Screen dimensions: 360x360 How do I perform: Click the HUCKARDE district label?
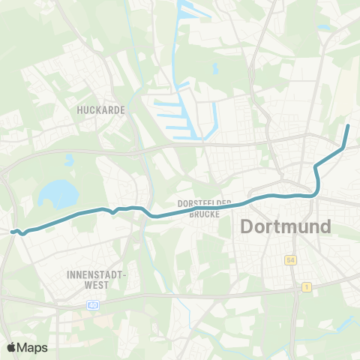click(100, 109)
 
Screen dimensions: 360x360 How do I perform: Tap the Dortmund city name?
click(286, 226)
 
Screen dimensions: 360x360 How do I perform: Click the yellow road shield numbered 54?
click(289, 259)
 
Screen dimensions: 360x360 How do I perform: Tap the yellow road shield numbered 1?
click(307, 287)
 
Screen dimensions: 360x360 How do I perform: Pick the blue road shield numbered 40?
click(92, 304)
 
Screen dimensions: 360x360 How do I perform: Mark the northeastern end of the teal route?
click(349, 124)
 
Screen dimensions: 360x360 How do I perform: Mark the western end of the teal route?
click(13, 232)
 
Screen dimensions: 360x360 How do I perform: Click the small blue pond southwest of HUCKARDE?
click(69, 160)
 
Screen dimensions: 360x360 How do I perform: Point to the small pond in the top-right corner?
click(324, 28)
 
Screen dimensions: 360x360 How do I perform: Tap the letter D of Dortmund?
click(246, 226)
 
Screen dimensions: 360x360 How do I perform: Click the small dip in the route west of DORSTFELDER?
click(113, 211)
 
